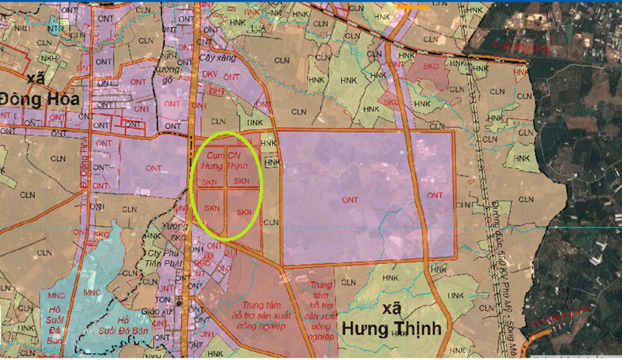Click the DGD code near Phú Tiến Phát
point(203,262)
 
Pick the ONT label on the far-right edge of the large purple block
point(435,195)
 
